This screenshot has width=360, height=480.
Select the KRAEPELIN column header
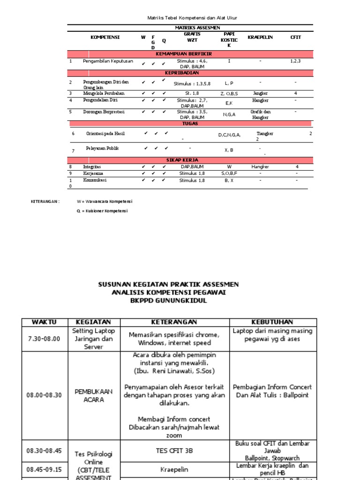pos(260,37)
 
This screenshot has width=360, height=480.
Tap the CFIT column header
pos(295,37)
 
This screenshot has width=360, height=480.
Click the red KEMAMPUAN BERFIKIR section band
pos(188,54)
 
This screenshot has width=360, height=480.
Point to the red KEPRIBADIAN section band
pos(188,73)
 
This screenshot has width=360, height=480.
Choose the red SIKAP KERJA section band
pos(188,160)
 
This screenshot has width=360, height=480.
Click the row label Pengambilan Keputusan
pos(108,61)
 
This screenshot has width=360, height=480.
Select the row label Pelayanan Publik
pos(102,148)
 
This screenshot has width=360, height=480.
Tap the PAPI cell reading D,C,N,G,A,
pos(229,135)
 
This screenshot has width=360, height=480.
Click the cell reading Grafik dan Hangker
pos(261,114)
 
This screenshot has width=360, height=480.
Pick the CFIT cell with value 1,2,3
pos(295,61)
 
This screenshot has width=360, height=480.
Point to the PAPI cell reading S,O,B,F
pos(229,173)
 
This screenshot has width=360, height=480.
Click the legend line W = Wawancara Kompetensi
pos(105,201)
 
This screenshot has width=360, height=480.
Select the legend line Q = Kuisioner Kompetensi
pos(103,211)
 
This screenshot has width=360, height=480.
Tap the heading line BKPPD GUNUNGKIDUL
pos(169,301)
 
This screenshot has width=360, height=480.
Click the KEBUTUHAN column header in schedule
pos(272,322)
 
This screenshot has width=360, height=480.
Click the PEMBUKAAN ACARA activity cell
pos(88,396)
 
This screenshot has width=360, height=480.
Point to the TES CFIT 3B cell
pos(174,450)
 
